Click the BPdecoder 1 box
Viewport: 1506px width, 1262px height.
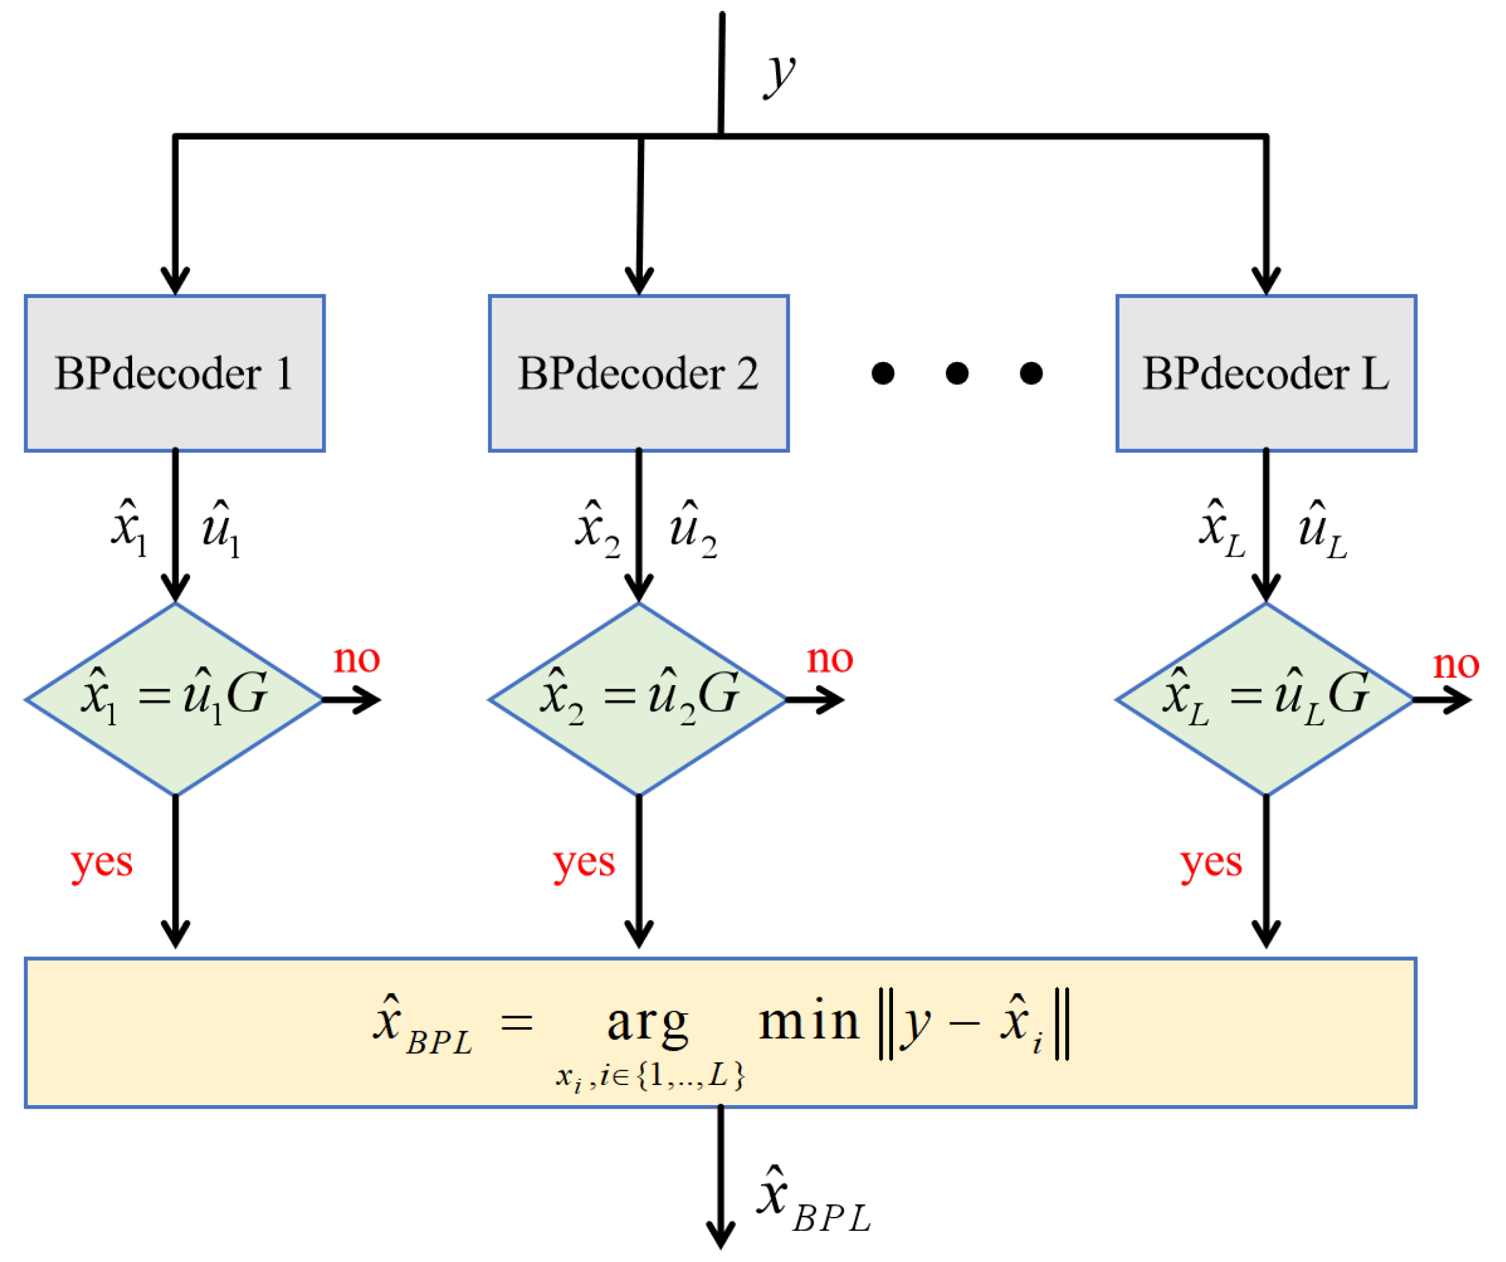[175, 374]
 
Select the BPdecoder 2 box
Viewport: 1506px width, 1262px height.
[639, 374]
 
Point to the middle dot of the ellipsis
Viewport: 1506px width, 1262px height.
[957, 374]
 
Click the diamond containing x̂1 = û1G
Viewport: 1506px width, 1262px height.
[175, 699]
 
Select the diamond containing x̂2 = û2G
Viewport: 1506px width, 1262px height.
[639, 699]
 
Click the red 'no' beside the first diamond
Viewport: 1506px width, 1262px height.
[357, 658]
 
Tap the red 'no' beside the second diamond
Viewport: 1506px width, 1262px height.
[830, 658]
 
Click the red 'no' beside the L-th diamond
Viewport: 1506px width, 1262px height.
[1456, 664]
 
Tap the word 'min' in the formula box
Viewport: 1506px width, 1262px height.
[809, 1021]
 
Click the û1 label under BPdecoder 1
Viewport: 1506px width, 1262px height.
[220, 531]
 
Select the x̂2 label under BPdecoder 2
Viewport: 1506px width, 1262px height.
[597, 531]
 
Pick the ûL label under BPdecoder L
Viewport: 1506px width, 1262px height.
[1322, 531]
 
